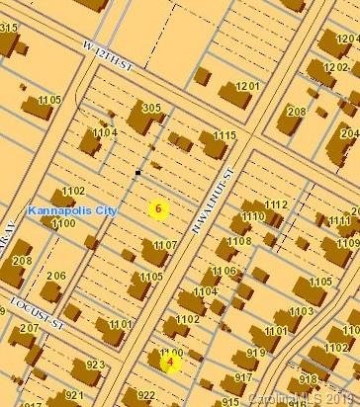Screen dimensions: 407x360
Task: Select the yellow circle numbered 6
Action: point(158,208)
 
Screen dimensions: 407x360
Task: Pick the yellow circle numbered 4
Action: point(170,362)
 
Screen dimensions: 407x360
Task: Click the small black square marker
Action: point(137,173)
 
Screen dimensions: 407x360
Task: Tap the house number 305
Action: point(151,108)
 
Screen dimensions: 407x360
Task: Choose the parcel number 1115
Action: point(225,135)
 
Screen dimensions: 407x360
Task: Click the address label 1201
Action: point(247,87)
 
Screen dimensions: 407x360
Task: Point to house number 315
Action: point(9,28)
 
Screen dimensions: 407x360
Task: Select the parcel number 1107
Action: point(164,244)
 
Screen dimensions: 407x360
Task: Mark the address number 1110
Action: point(253,216)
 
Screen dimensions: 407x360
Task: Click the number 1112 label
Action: point(276,204)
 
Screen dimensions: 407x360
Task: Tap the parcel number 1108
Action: point(238,241)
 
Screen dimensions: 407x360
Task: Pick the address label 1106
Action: point(225,270)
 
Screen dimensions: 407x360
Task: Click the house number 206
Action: point(55,276)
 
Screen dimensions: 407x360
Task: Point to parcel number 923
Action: point(95,365)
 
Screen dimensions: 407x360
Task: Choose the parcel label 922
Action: point(146,395)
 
